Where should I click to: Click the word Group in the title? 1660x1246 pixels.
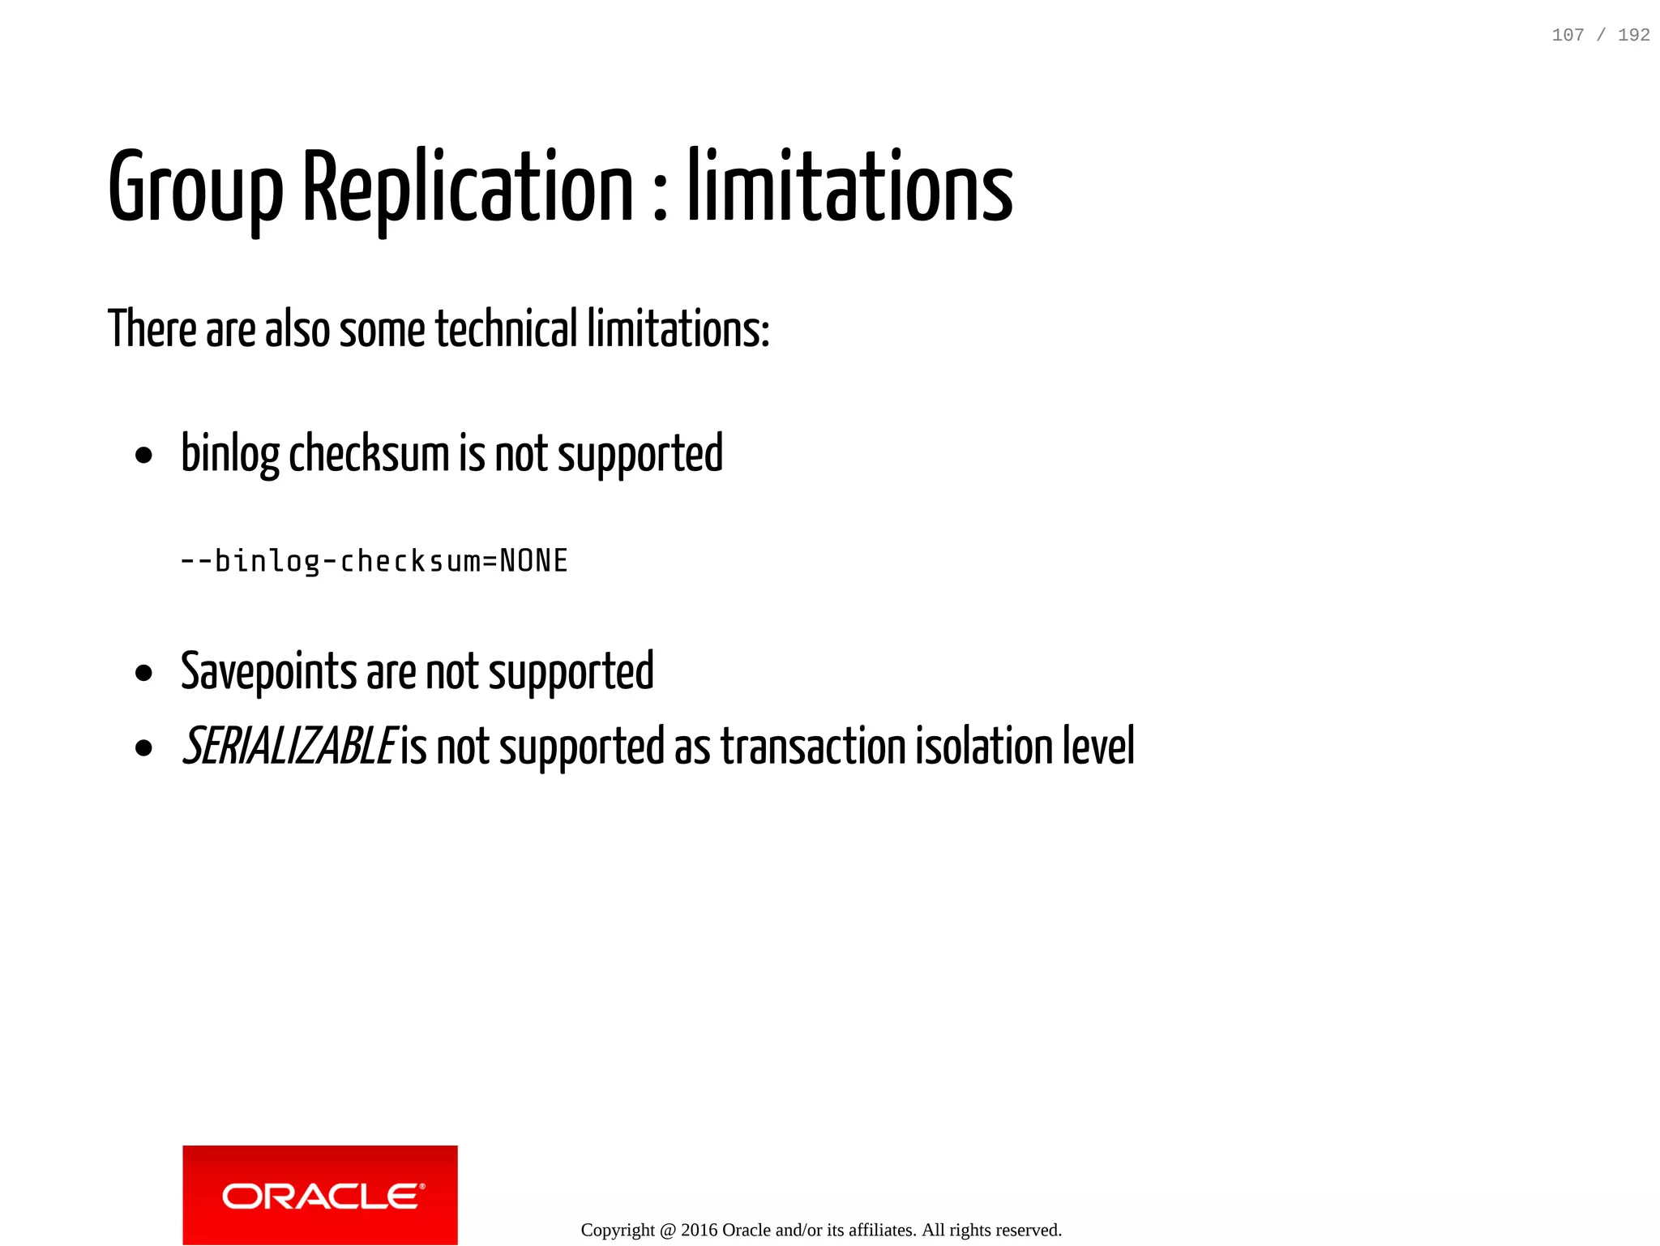click(x=195, y=188)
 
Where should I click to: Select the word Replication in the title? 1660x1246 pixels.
click(x=468, y=188)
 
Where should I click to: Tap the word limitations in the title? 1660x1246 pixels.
click(x=850, y=188)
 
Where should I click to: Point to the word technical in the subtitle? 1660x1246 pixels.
click(x=507, y=329)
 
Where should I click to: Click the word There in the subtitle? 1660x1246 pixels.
click(x=152, y=329)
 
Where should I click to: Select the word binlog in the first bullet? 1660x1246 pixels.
click(x=230, y=453)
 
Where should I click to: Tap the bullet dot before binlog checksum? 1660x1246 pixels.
click(x=144, y=456)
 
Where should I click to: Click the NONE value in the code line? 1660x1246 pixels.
click(x=533, y=561)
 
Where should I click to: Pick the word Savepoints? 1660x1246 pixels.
click(x=268, y=672)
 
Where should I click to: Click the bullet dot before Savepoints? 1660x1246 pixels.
click(x=144, y=673)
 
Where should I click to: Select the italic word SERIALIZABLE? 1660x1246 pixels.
click(x=289, y=747)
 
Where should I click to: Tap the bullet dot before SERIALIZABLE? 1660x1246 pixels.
click(x=144, y=748)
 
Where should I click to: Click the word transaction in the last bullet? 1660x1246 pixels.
click(x=813, y=747)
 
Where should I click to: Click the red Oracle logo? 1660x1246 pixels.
click(x=320, y=1195)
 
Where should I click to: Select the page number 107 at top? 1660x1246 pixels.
click(x=1568, y=35)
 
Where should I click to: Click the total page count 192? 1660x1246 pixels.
click(x=1633, y=35)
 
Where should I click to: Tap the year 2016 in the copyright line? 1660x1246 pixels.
click(x=699, y=1230)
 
